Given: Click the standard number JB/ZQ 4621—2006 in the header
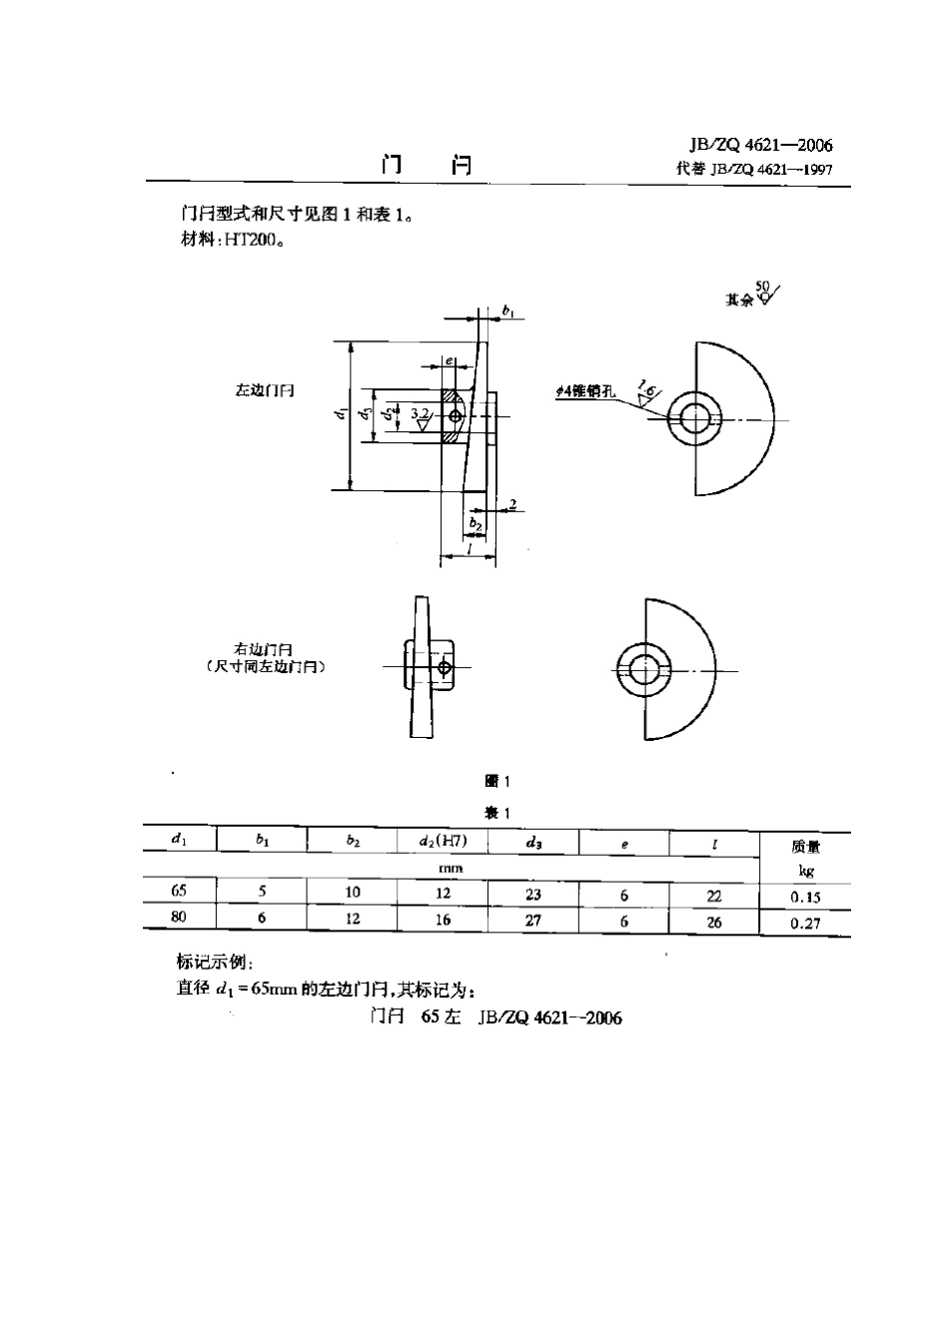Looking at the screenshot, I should point(760,145).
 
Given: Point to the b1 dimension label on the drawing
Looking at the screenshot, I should point(508,313).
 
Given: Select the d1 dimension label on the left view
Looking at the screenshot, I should point(342,412).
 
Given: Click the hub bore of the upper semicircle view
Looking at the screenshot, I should point(695,417).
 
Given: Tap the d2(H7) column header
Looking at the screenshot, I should point(444,842).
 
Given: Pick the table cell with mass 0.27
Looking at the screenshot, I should point(805,924).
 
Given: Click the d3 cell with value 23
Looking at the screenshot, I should point(533,895).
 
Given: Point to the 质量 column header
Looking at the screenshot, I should point(805,847).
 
